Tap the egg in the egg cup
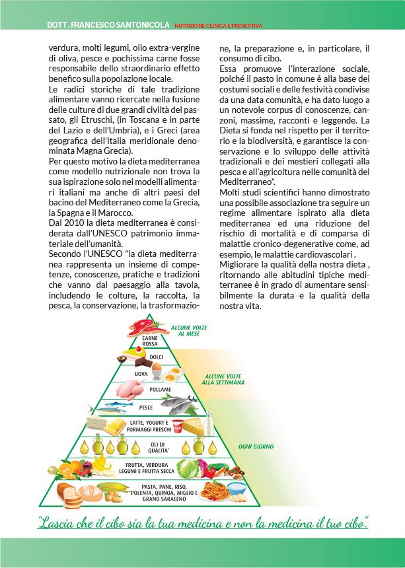[156, 374]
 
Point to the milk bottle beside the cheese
[207, 421]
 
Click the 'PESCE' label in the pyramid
[146, 408]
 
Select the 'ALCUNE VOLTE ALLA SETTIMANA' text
[223, 379]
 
